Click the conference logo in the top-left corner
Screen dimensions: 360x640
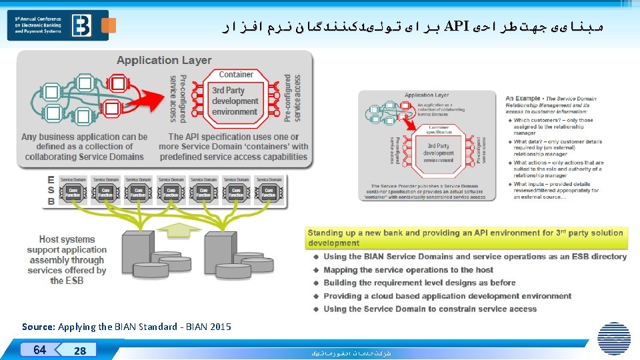(x=62, y=25)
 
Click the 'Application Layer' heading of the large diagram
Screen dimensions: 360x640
(x=164, y=60)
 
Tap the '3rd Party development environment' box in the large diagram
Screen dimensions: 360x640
(x=235, y=101)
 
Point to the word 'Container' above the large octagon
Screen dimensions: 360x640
(x=236, y=75)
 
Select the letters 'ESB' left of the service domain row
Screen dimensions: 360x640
(x=51, y=191)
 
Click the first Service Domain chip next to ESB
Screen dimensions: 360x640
(x=73, y=189)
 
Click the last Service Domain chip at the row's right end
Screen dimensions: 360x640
(x=269, y=189)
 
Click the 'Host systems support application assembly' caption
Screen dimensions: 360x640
(x=67, y=260)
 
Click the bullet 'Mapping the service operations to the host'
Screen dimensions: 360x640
(x=408, y=270)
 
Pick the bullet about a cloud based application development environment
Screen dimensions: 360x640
(x=447, y=296)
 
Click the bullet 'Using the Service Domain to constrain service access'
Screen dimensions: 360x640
(x=430, y=309)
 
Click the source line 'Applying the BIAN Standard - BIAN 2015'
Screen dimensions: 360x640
(x=127, y=327)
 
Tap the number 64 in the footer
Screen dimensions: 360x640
(x=40, y=349)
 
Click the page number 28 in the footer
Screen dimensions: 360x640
(x=80, y=351)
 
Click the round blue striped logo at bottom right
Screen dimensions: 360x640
(x=613, y=338)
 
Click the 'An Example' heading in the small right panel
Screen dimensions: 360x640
(x=523, y=99)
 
